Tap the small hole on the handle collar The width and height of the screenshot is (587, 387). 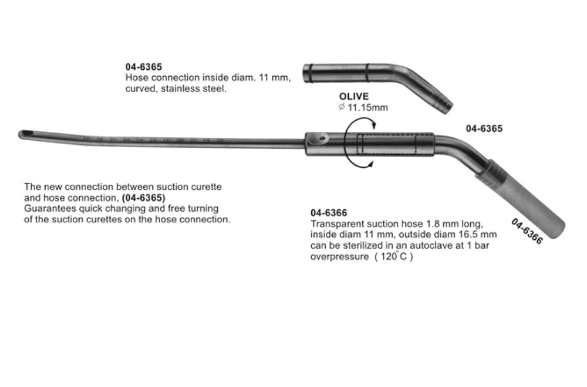pos(321,138)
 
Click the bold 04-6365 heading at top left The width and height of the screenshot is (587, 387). pos(144,67)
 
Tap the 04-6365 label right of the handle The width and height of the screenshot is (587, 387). pos(484,128)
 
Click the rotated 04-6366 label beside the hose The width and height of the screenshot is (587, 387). pos(527,231)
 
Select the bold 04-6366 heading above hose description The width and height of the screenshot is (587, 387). pos(329,214)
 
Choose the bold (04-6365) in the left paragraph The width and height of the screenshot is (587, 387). pos(143,198)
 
